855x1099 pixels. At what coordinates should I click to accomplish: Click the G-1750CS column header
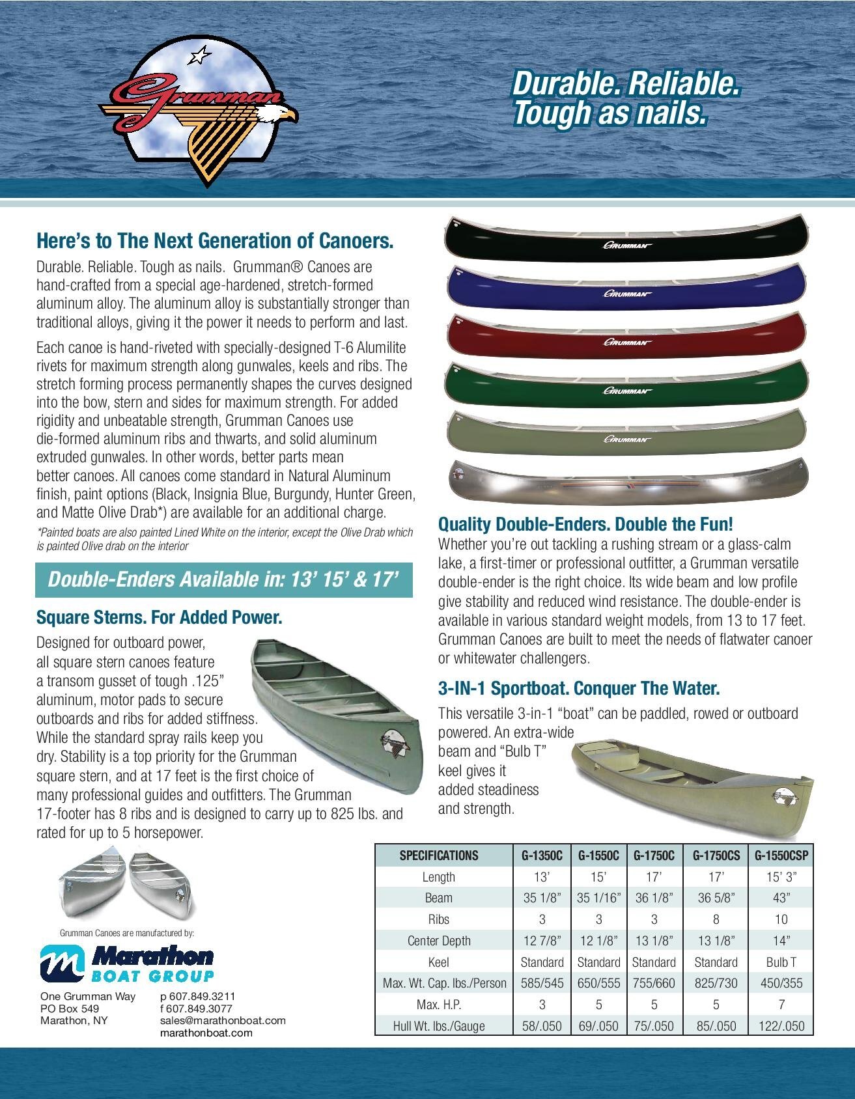tap(716, 856)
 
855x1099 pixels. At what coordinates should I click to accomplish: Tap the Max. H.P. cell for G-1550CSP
tap(781, 1005)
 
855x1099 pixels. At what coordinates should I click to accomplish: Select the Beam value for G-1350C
tap(542, 898)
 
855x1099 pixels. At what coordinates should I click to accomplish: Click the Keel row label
tap(438, 962)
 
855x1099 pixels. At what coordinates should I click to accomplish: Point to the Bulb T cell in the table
tap(781, 962)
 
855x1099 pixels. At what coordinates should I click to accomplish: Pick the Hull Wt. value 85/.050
tap(716, 1026)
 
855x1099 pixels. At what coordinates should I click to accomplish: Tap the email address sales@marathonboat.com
tap(223, 1020)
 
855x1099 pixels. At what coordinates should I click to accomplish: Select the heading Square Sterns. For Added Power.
tap(160, 617)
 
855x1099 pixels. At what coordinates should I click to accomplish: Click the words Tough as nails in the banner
tap(610, 113)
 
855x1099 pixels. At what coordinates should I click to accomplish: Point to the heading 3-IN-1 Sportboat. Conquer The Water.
tap(579, 688)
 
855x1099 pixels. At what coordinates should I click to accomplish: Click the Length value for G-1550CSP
tap(781, 877)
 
